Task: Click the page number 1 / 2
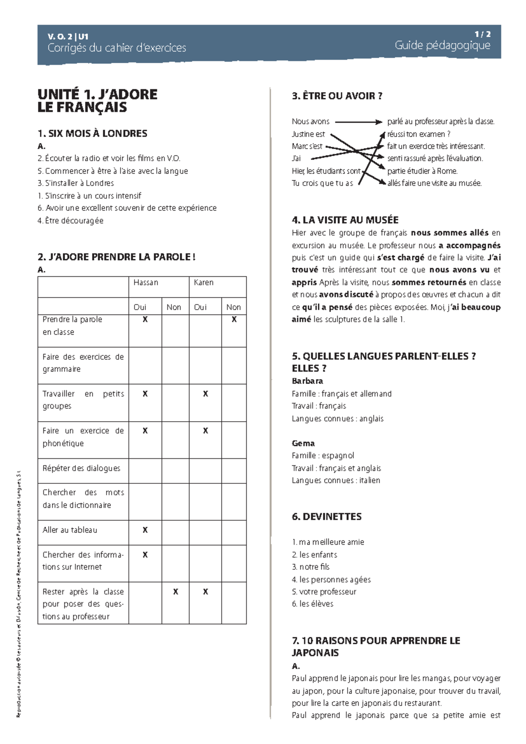coord(482,34)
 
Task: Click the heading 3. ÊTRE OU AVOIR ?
coord(337,96)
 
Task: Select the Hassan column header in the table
coord(146,283)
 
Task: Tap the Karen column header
coord(204,283)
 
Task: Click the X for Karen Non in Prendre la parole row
coord(234,320)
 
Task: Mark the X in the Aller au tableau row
coord(145,530)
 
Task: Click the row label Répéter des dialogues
coord(82,468)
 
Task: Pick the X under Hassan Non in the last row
coord(175,592)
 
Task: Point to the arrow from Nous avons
coord(359,122)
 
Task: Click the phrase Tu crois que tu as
coord(322,183)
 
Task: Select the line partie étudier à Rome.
coord(422,171)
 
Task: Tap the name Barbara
coord(307,381)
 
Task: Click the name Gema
coord(303,443)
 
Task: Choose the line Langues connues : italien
coord(336,480)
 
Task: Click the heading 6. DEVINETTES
coord(327,517)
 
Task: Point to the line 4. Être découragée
coord(71,221)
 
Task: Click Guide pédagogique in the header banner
coord(442,45)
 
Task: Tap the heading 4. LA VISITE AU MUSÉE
coord(345,220)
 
